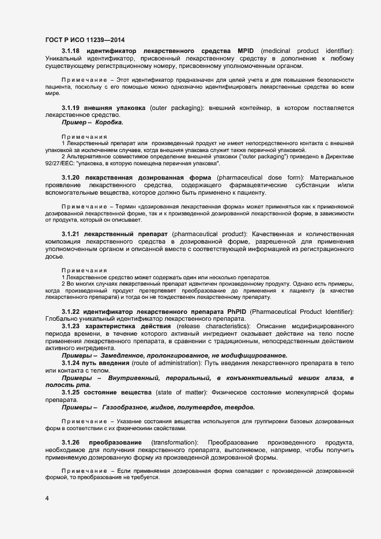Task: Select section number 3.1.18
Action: point(70,51)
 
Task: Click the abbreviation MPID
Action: point(246,51)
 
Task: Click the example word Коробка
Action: point(108,122)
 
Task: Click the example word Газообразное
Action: point(127,407)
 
